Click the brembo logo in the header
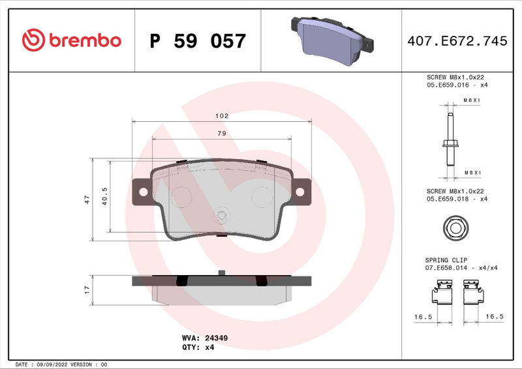[x=72, y=40]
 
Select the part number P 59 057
[x=198, y=41]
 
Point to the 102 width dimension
[x=222, y=115]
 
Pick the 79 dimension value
[x=221, y=133]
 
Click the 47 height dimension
[x=87, y=200]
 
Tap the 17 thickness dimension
[x=87, y=289]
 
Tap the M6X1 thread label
[x=471, y=100]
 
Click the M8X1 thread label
[x=471, y=172]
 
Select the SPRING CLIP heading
[x=446, y=259]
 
